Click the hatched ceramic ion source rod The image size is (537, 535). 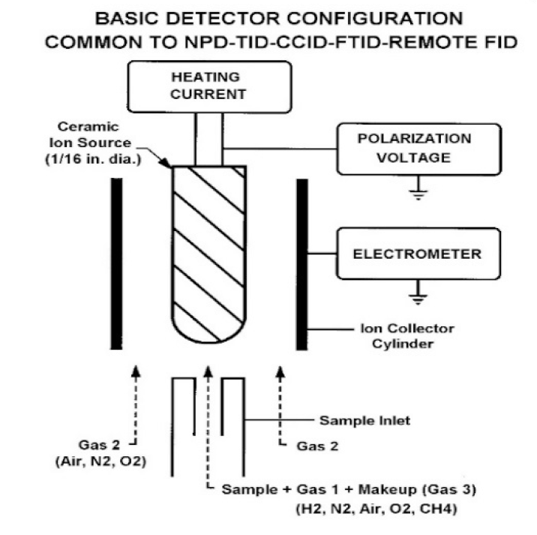pos(209,255)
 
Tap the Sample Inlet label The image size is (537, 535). pos(364,420)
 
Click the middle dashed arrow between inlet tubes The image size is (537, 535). pos(209,420)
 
